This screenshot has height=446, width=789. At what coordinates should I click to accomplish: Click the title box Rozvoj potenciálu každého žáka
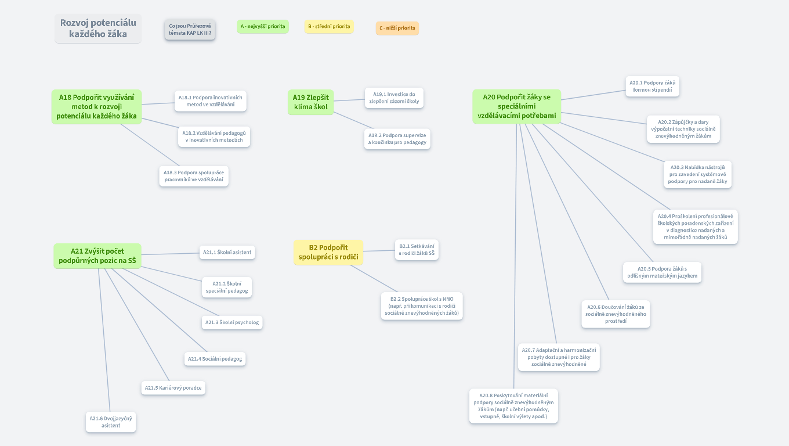click(98, 28)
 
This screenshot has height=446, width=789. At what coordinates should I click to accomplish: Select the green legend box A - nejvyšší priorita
click(263, 26)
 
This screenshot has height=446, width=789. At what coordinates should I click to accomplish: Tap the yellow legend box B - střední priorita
click(329, 26)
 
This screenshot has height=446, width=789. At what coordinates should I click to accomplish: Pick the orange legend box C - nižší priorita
click(397, 28)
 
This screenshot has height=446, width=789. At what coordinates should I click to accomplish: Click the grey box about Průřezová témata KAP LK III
click(190, 29)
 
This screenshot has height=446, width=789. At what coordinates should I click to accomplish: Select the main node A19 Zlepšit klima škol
click(311, 102)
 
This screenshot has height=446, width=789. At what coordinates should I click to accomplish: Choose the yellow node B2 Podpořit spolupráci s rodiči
click(328, 252)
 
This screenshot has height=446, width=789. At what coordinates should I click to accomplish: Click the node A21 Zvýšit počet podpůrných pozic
click(97, 256)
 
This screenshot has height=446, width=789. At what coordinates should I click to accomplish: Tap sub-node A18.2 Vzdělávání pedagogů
click(214, 136)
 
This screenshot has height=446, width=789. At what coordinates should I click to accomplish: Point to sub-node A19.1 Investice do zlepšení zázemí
click(394, 98)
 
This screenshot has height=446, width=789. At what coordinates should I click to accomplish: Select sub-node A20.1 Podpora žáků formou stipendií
click(653, 86)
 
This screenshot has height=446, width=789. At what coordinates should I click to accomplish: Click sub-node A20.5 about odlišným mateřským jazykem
click(662, 272)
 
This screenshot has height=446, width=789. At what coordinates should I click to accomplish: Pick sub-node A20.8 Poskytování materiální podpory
click(513, 405)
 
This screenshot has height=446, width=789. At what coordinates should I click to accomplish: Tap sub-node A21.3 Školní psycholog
click(232, 322)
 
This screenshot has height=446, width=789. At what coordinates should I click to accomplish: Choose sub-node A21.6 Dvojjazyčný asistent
click(111, 422)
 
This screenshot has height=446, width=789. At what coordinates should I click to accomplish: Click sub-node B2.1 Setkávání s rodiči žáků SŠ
click(417, 250)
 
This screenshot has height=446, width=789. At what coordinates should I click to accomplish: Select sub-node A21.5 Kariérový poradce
click(173, 387)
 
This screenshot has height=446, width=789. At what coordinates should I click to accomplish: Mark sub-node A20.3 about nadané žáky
click(697, 174)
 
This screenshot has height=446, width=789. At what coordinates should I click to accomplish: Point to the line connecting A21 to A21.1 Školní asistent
click(170, 254)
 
